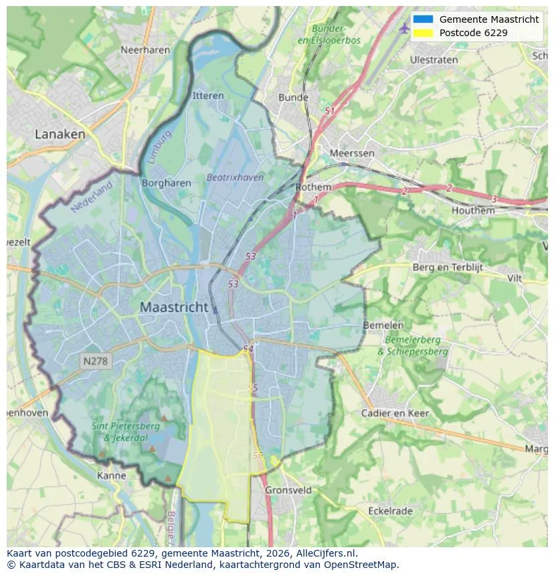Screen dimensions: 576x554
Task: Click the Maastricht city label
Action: click(174, 308)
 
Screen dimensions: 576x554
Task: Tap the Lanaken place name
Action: click(60, 134)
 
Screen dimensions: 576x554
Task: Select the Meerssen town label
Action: click(352, 153)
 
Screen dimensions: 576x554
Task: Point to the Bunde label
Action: click(293, 97)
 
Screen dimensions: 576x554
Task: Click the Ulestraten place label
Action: click(434, 60)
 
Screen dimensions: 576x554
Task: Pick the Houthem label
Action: click(473, 210)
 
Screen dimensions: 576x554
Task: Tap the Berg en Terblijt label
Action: click(448, 267)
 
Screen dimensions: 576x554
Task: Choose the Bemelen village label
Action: click(383, 325)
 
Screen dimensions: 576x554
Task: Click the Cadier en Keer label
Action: click(395, 413)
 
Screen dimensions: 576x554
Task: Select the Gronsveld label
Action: click(288, 490)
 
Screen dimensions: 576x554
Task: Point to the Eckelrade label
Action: click(390, 510)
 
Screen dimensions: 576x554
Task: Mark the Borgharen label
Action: click(167, 183)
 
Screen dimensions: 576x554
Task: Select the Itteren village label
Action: click(208, 96)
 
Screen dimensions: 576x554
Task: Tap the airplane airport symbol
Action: click(403, 28)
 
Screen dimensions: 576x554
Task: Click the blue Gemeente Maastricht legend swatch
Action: click(424, 19)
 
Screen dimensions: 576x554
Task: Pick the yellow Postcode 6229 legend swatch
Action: click(424, 33)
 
